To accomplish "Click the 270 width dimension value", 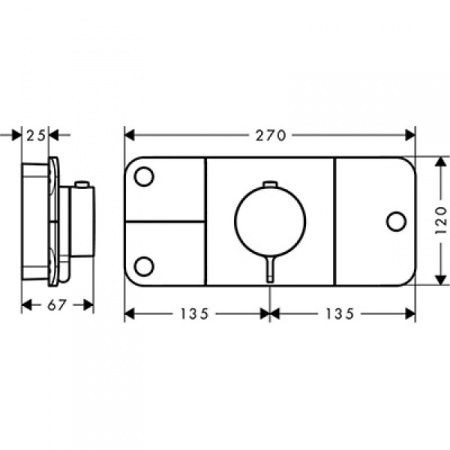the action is [271, 135].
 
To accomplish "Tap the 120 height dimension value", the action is [441, 220].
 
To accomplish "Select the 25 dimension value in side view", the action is [36, 136].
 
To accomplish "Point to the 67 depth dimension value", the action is [57, 305].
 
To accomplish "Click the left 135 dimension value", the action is [194, 314].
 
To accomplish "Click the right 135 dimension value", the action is [339, 314].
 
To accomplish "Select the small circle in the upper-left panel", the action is [144, 176].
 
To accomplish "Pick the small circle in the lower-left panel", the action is [144, 266].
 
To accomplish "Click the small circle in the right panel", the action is [396, 222].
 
